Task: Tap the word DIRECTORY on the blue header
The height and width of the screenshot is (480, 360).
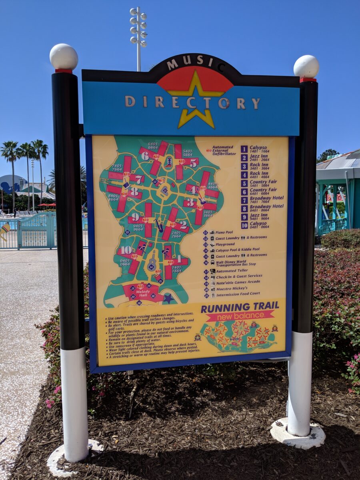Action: point(192,102)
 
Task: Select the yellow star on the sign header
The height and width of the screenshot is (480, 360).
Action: point(196,100)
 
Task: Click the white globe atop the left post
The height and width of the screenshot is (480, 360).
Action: point(64,57)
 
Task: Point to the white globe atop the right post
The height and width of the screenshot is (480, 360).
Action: point(306,66)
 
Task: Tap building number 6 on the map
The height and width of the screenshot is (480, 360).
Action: point(145,156)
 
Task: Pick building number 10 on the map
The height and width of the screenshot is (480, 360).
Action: point(126,250)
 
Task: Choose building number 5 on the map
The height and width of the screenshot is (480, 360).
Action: point(193,163)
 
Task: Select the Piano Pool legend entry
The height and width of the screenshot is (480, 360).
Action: point(224,232)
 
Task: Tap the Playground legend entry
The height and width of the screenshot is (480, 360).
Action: point(225,244)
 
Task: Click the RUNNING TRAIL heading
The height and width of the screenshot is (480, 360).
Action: point(240,307)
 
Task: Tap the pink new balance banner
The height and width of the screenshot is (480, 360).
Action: point(240,316)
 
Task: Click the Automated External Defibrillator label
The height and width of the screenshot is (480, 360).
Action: point(222,150)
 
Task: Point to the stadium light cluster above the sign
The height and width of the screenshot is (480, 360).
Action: point(138,26)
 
